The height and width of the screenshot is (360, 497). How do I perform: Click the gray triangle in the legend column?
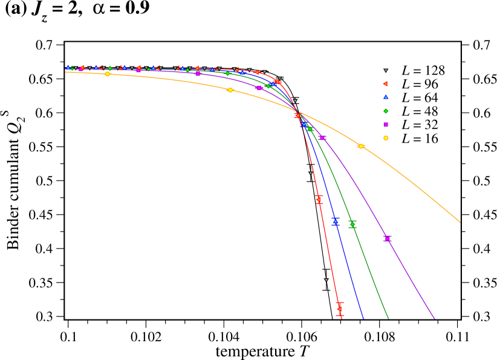[x=386, y=71]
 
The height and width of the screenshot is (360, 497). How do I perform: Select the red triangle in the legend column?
[x=385, y=84]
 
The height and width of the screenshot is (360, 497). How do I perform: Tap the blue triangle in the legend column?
[x=386, y=97]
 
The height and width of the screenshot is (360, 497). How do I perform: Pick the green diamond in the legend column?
[x=386, y=111]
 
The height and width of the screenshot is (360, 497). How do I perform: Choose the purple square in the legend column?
[x=386, y=125]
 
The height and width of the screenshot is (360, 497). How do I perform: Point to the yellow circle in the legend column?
[x=386, y=138]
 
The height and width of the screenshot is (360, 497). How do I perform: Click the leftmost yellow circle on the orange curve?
[x=107, y=74]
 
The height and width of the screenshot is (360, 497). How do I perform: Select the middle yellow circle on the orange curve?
[x=230, y=90]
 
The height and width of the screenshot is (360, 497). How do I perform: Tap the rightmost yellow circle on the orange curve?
[x=361, y=146]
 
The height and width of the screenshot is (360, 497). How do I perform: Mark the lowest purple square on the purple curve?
[x=388, y=238]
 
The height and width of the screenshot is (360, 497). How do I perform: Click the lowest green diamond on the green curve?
[x=352, y=224]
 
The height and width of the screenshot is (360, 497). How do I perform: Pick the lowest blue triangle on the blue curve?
[x=335, y=221]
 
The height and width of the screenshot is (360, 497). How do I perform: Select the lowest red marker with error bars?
[x=340, y=309]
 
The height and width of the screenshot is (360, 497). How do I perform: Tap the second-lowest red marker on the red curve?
[x=319, y=199]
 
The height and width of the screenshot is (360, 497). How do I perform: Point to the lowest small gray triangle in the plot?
[x=326, y=280]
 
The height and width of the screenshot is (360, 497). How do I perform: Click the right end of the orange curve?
[x=460, y=222]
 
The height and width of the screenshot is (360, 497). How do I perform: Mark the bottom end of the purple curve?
[x=435, y=318]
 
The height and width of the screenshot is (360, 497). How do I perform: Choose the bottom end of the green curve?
[x=388, y=318]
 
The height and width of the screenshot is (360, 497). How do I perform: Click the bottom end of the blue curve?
[x=363, y=318]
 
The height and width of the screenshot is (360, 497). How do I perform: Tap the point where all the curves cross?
[x=299, y=112]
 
